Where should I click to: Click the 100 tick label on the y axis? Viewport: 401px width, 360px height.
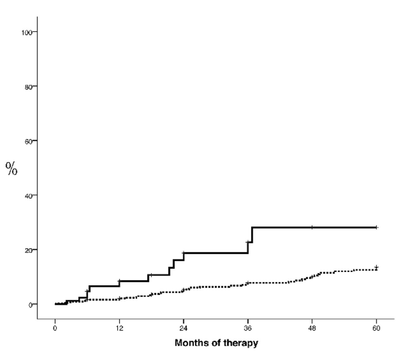[27, 33]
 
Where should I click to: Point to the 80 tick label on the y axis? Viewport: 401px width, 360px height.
[29, 87]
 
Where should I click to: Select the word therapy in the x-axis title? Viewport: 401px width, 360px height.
[241, 344]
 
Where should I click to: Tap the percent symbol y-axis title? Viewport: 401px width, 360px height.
[12, 168]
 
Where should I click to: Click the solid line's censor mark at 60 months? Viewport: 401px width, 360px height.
[377, 227]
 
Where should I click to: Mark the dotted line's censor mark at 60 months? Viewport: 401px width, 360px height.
[377, 267]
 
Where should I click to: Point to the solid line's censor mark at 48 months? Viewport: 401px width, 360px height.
[312, 227]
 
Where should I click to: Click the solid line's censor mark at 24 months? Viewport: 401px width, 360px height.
[184, 253]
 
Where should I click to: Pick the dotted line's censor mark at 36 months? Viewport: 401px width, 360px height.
[248, 283]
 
